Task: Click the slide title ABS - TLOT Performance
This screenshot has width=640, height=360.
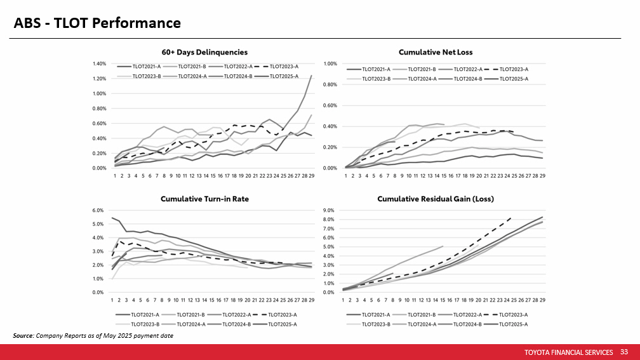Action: click(98, 23)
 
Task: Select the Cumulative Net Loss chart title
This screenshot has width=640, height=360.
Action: click(436, 52)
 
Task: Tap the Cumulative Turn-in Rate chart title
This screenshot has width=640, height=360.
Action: click(204, 199)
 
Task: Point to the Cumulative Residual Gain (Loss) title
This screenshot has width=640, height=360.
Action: click(436, 199)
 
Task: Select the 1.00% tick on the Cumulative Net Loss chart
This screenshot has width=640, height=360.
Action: click(330, 64)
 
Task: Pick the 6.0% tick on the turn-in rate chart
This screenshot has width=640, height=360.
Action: click(99, 210)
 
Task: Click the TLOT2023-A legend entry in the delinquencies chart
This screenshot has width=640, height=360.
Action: click(284, 66)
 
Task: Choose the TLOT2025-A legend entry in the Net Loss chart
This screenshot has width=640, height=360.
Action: click(514, 78)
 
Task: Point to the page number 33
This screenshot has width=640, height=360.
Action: click(623, 352)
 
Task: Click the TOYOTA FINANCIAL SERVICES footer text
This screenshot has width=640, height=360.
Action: click(569, 352)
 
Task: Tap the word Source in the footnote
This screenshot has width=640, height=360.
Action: click(23, 335)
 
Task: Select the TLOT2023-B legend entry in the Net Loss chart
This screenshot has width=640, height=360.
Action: click(377, 78)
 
